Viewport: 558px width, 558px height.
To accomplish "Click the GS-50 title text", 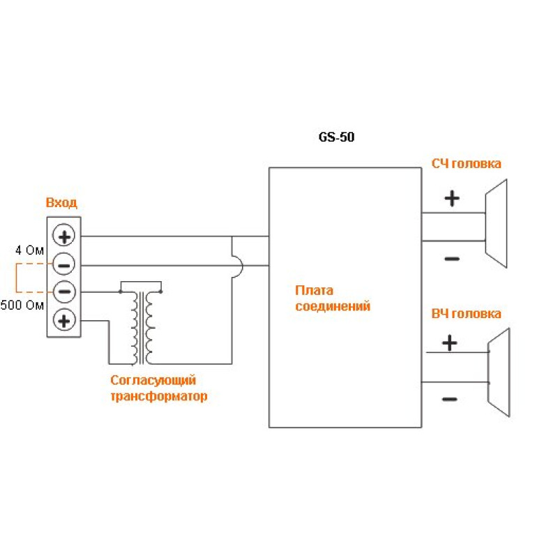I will click(336, 137).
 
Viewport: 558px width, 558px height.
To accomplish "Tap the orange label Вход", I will click(61, 203).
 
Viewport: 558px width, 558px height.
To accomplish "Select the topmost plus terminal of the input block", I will click(64, 236).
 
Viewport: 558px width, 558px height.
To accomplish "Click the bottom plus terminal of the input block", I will click(64, 320).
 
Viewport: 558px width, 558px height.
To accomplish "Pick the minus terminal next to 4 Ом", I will click(64, 264).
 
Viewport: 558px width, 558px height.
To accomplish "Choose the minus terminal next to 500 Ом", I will click(64, 292).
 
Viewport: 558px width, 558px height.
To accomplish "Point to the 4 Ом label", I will click(30, 249).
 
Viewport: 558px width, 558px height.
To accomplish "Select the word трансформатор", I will click(159, 396).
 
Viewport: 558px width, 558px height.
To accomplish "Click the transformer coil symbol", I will click(142, 326).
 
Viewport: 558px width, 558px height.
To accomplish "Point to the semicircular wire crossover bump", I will click(237, 265).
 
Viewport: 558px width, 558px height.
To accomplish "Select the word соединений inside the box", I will click(332, 306).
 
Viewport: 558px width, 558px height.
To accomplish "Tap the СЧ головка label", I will click(466, 164).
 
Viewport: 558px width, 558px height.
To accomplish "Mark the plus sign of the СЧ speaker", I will click(452, 199).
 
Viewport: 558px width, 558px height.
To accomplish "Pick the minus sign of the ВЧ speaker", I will click(450, 400).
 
